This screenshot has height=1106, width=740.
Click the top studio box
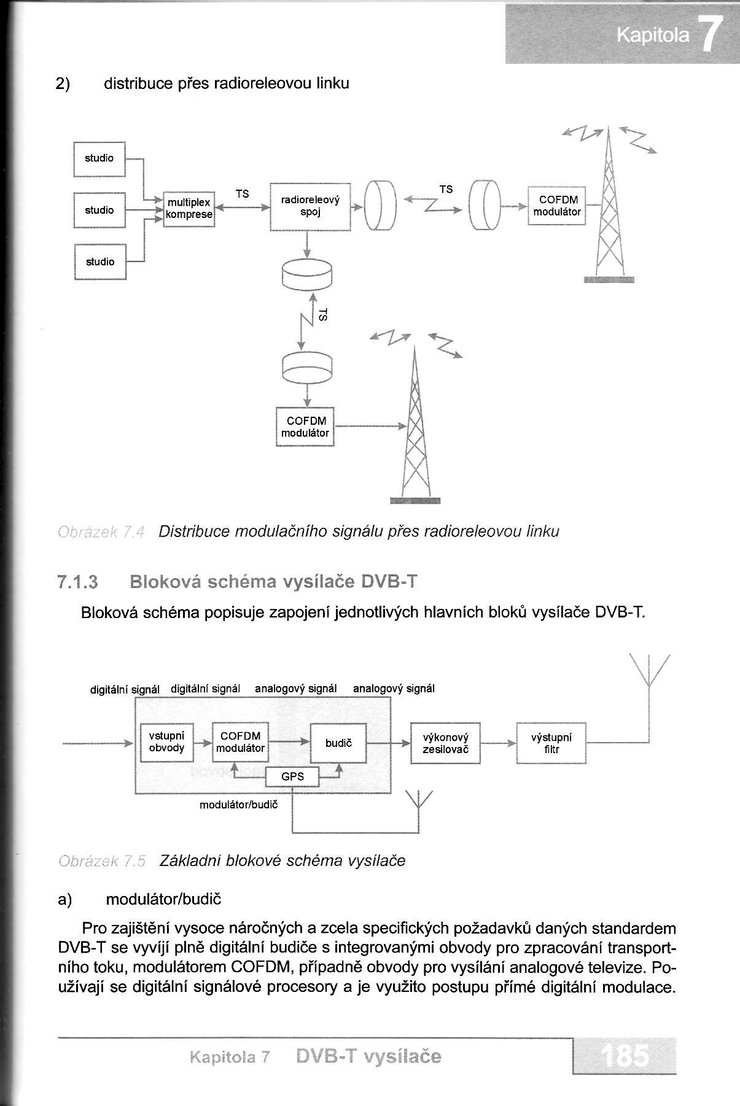click(x=99, y=159)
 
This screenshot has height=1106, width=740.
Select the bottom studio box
click(x=100, y=262)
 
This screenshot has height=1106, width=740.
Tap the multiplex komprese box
click(x=189, y=209)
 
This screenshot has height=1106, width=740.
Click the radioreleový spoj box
click(x=310, y=207)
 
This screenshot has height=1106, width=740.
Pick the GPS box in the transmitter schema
click(x=293, y=776)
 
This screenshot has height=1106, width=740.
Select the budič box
click(x=338, y=743)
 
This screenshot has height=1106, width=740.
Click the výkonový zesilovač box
click(x=445, y=743)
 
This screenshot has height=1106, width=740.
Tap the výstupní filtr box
click(x=551, y=743)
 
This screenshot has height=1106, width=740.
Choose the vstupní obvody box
click(x=166, y=743)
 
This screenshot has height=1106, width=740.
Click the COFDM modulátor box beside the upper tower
click(x=556, y=206)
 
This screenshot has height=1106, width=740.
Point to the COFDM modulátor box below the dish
click(x=305, y=427)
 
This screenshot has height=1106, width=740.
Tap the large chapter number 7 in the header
click(x=710, y=37)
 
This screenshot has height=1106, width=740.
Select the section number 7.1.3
click(x=77, y=581)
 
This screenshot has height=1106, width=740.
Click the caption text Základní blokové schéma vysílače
click(x=282, y=860)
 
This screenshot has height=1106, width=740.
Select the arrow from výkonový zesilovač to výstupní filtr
click(x=498, y=743)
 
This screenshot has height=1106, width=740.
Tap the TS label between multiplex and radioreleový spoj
click(x=243, y=194)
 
